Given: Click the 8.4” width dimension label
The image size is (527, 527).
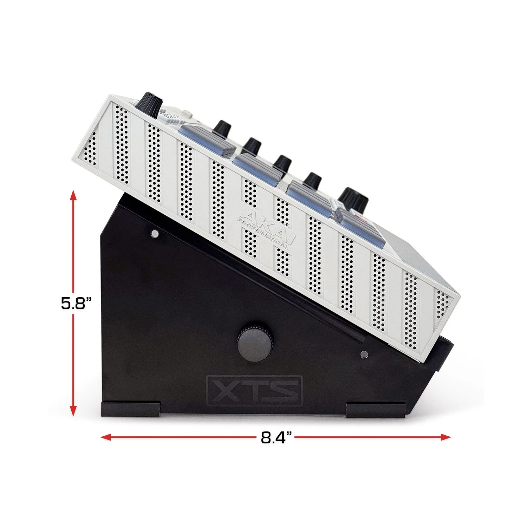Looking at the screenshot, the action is click(276, 437).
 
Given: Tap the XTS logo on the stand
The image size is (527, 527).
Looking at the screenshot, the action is click(254, 391).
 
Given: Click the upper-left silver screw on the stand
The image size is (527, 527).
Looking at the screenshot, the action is click(155, 234).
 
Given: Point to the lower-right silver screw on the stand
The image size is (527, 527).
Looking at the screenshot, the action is click(364, 354).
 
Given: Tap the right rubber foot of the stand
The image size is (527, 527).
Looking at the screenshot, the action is click(376, 410).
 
